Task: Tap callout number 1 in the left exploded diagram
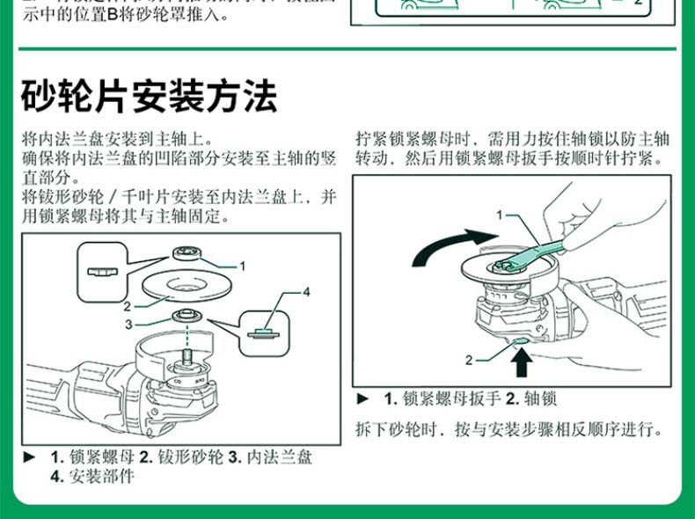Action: click(x=243, y=264)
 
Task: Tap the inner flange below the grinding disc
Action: click(x=186, y=316)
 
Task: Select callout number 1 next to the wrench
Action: click(x=499, y=214)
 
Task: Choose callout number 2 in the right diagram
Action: click(x=469, y=360)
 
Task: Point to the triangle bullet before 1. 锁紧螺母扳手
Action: click(x=362, y=398)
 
